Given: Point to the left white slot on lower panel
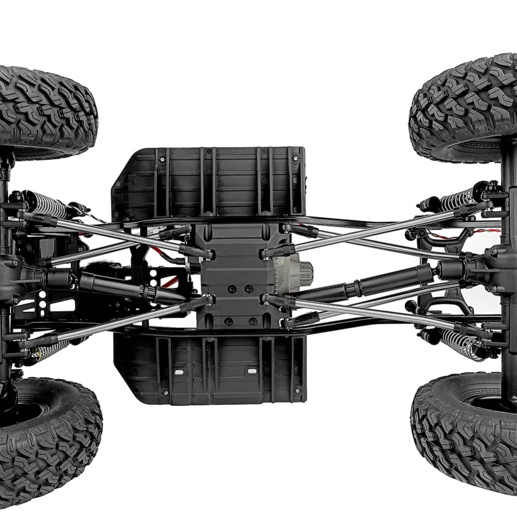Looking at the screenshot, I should tap(178, 372).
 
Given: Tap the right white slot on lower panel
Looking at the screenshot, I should tap(252, 371).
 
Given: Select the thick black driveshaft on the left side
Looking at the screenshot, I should tap(119, 287).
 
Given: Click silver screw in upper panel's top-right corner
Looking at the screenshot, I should tap(295, 156).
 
